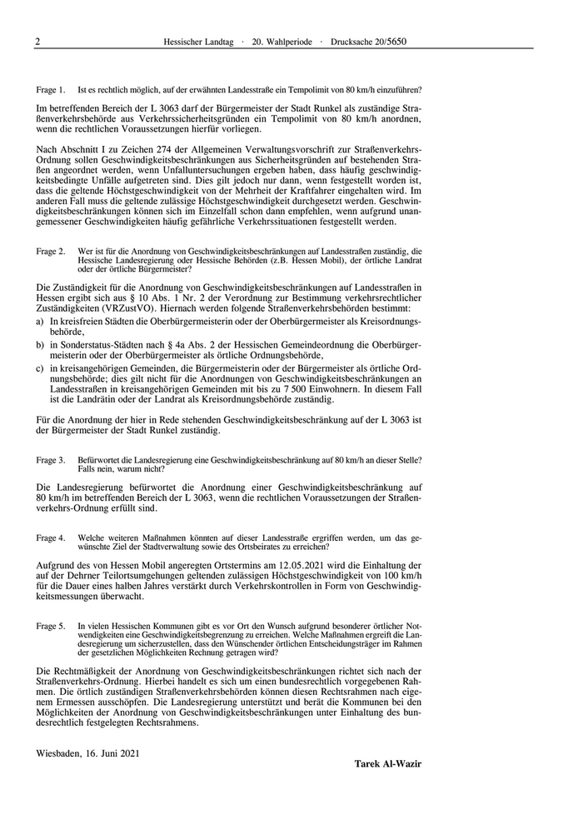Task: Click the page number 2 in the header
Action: [x=38, y=41]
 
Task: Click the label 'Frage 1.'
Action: [x=51, y=89]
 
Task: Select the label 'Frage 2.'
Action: [x=51, y=251]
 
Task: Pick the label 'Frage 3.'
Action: [x=51, y=460]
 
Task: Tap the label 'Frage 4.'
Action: [x=51, y=537]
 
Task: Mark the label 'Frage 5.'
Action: [x=51, y=626]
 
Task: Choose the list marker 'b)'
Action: [x=41, y=345]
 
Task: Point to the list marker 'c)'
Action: [x=41, y=368]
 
